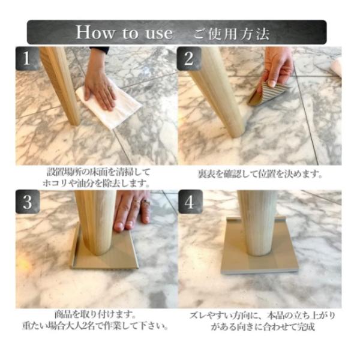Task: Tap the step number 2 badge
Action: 189,59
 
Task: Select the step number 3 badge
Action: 28,202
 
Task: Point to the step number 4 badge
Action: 190,202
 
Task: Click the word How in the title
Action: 95,32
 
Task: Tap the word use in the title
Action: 159,33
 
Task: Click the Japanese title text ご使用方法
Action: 231,34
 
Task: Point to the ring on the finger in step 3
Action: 145,203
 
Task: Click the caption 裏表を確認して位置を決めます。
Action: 260,174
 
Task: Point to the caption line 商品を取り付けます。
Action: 95,314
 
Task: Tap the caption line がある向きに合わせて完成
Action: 263,327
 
